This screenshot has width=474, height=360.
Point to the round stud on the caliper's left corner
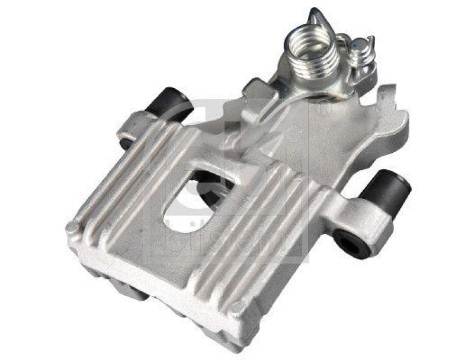pos(72,227)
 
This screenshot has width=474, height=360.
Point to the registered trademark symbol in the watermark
pos(325,109)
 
